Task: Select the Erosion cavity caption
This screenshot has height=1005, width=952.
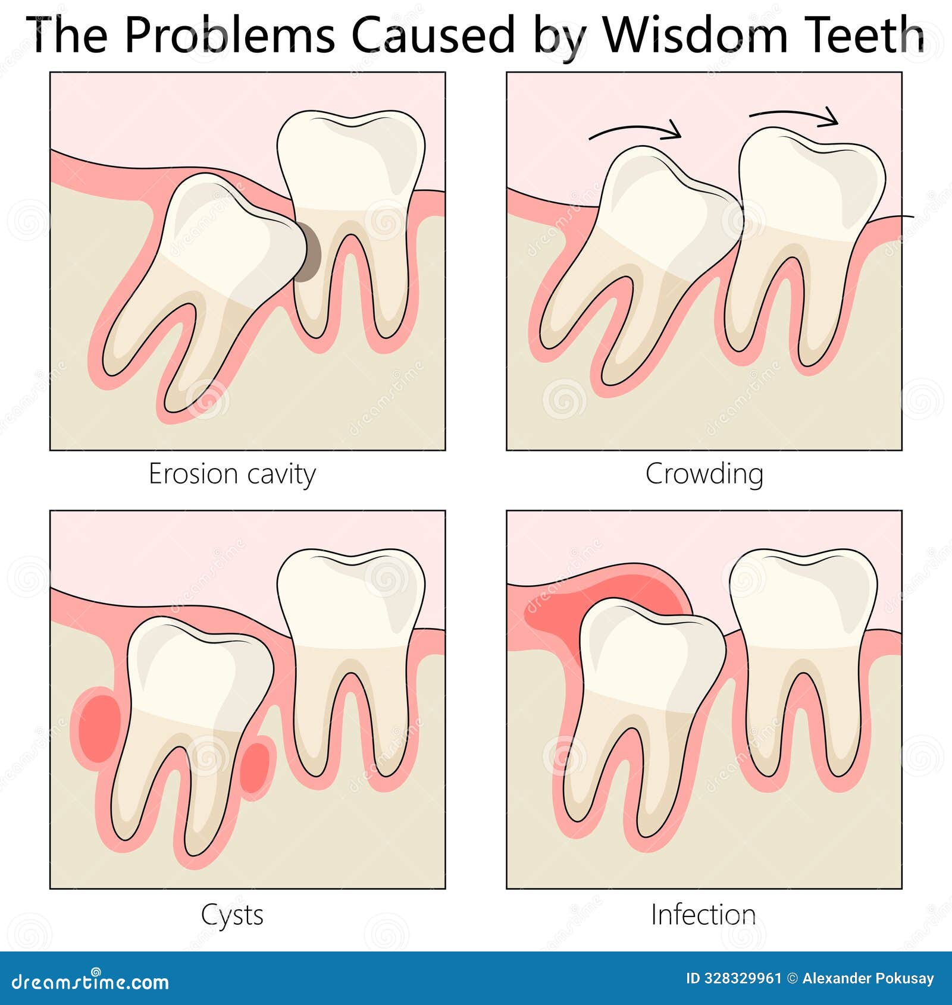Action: point(232,475)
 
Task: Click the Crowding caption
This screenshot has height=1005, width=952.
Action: point(704,474)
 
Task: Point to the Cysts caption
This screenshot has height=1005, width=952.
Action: point(232,915)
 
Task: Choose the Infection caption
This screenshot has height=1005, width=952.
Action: point(703,915)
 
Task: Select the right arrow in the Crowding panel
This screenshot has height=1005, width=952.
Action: point(794,116)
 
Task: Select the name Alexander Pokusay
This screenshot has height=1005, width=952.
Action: point(868,978)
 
